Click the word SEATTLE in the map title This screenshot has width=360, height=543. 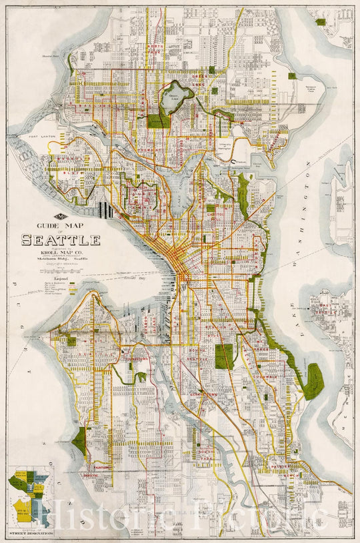point(61,240)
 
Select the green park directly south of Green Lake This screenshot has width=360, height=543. point(159,119)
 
